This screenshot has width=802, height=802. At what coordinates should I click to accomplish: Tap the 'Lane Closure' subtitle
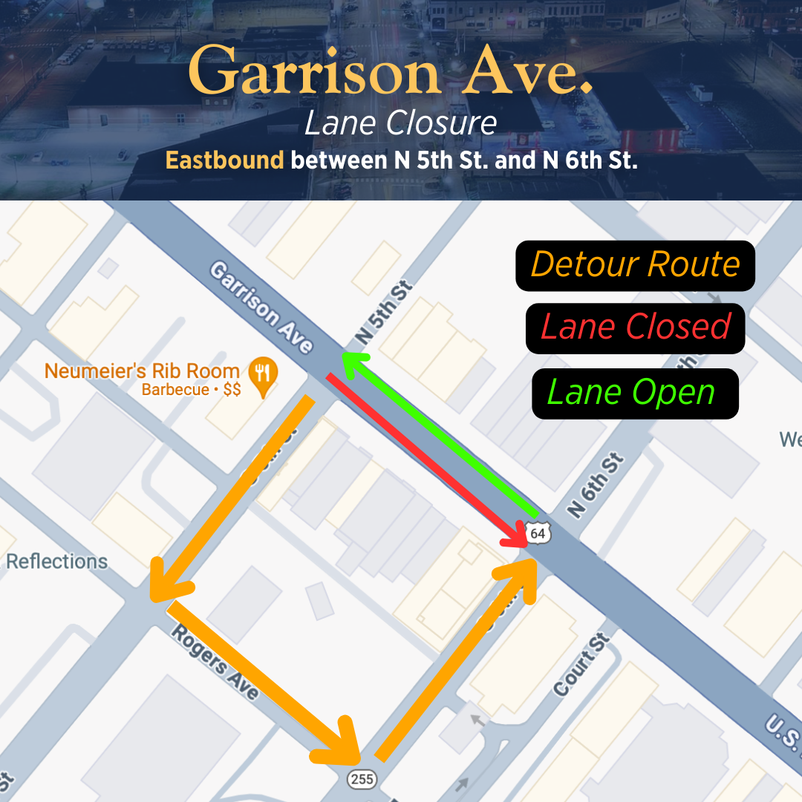[400, 123]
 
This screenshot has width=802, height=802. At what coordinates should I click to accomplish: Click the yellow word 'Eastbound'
[224, 160]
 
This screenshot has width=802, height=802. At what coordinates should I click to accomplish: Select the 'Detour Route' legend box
[635, 265]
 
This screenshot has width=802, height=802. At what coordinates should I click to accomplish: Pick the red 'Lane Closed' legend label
[635, 327]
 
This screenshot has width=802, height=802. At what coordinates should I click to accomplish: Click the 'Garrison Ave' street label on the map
[260, 307]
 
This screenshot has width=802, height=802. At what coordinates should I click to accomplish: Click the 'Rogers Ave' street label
[216, 661]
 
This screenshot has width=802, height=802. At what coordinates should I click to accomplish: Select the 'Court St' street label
[581, 665]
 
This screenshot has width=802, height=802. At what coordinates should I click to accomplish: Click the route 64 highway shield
[538, 533]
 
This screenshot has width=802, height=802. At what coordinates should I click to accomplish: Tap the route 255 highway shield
[362, 779]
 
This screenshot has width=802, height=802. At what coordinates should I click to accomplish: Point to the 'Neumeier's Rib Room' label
[142, 371]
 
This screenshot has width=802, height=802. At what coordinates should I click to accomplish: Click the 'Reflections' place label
[57, 561]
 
